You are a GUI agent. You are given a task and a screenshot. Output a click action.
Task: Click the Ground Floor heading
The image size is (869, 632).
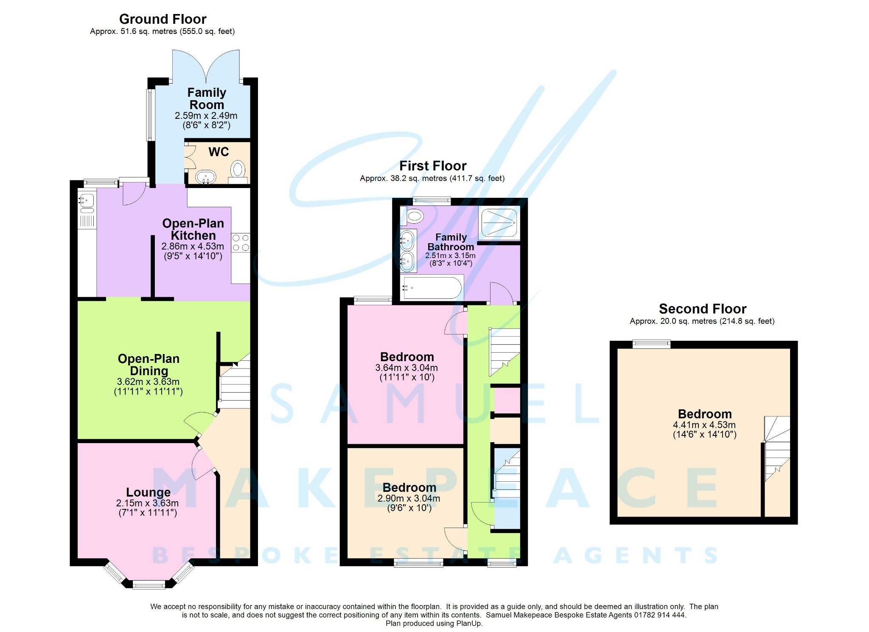163,19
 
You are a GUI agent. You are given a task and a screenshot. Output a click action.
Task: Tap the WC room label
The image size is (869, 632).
219,152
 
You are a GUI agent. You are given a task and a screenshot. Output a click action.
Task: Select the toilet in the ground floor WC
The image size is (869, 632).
238,171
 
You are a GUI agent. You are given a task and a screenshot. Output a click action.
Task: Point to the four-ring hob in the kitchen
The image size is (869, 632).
241,243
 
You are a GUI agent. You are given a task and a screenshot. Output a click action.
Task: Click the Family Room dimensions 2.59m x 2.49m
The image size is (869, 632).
206,115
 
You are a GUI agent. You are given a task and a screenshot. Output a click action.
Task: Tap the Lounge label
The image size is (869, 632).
148,492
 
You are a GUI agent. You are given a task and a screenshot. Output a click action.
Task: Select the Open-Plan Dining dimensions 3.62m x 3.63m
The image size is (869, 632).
148,382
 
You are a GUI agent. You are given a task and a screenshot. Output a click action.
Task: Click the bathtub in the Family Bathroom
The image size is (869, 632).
432,288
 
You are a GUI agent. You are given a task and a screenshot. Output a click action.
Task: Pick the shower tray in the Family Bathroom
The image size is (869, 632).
499,223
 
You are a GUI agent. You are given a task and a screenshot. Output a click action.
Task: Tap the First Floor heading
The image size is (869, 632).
433,166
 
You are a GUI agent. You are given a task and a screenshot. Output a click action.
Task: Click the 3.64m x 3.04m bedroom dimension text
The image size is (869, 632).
406,368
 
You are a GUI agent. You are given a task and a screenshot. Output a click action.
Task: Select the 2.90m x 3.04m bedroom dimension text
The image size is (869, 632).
409,498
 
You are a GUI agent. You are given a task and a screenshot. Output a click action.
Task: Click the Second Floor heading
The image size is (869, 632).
702,309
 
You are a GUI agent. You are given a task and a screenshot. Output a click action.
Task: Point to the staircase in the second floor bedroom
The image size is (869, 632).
777,450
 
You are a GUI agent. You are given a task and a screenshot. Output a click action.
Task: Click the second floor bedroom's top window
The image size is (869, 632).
651,344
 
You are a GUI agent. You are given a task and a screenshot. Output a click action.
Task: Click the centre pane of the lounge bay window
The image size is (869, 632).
149,585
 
